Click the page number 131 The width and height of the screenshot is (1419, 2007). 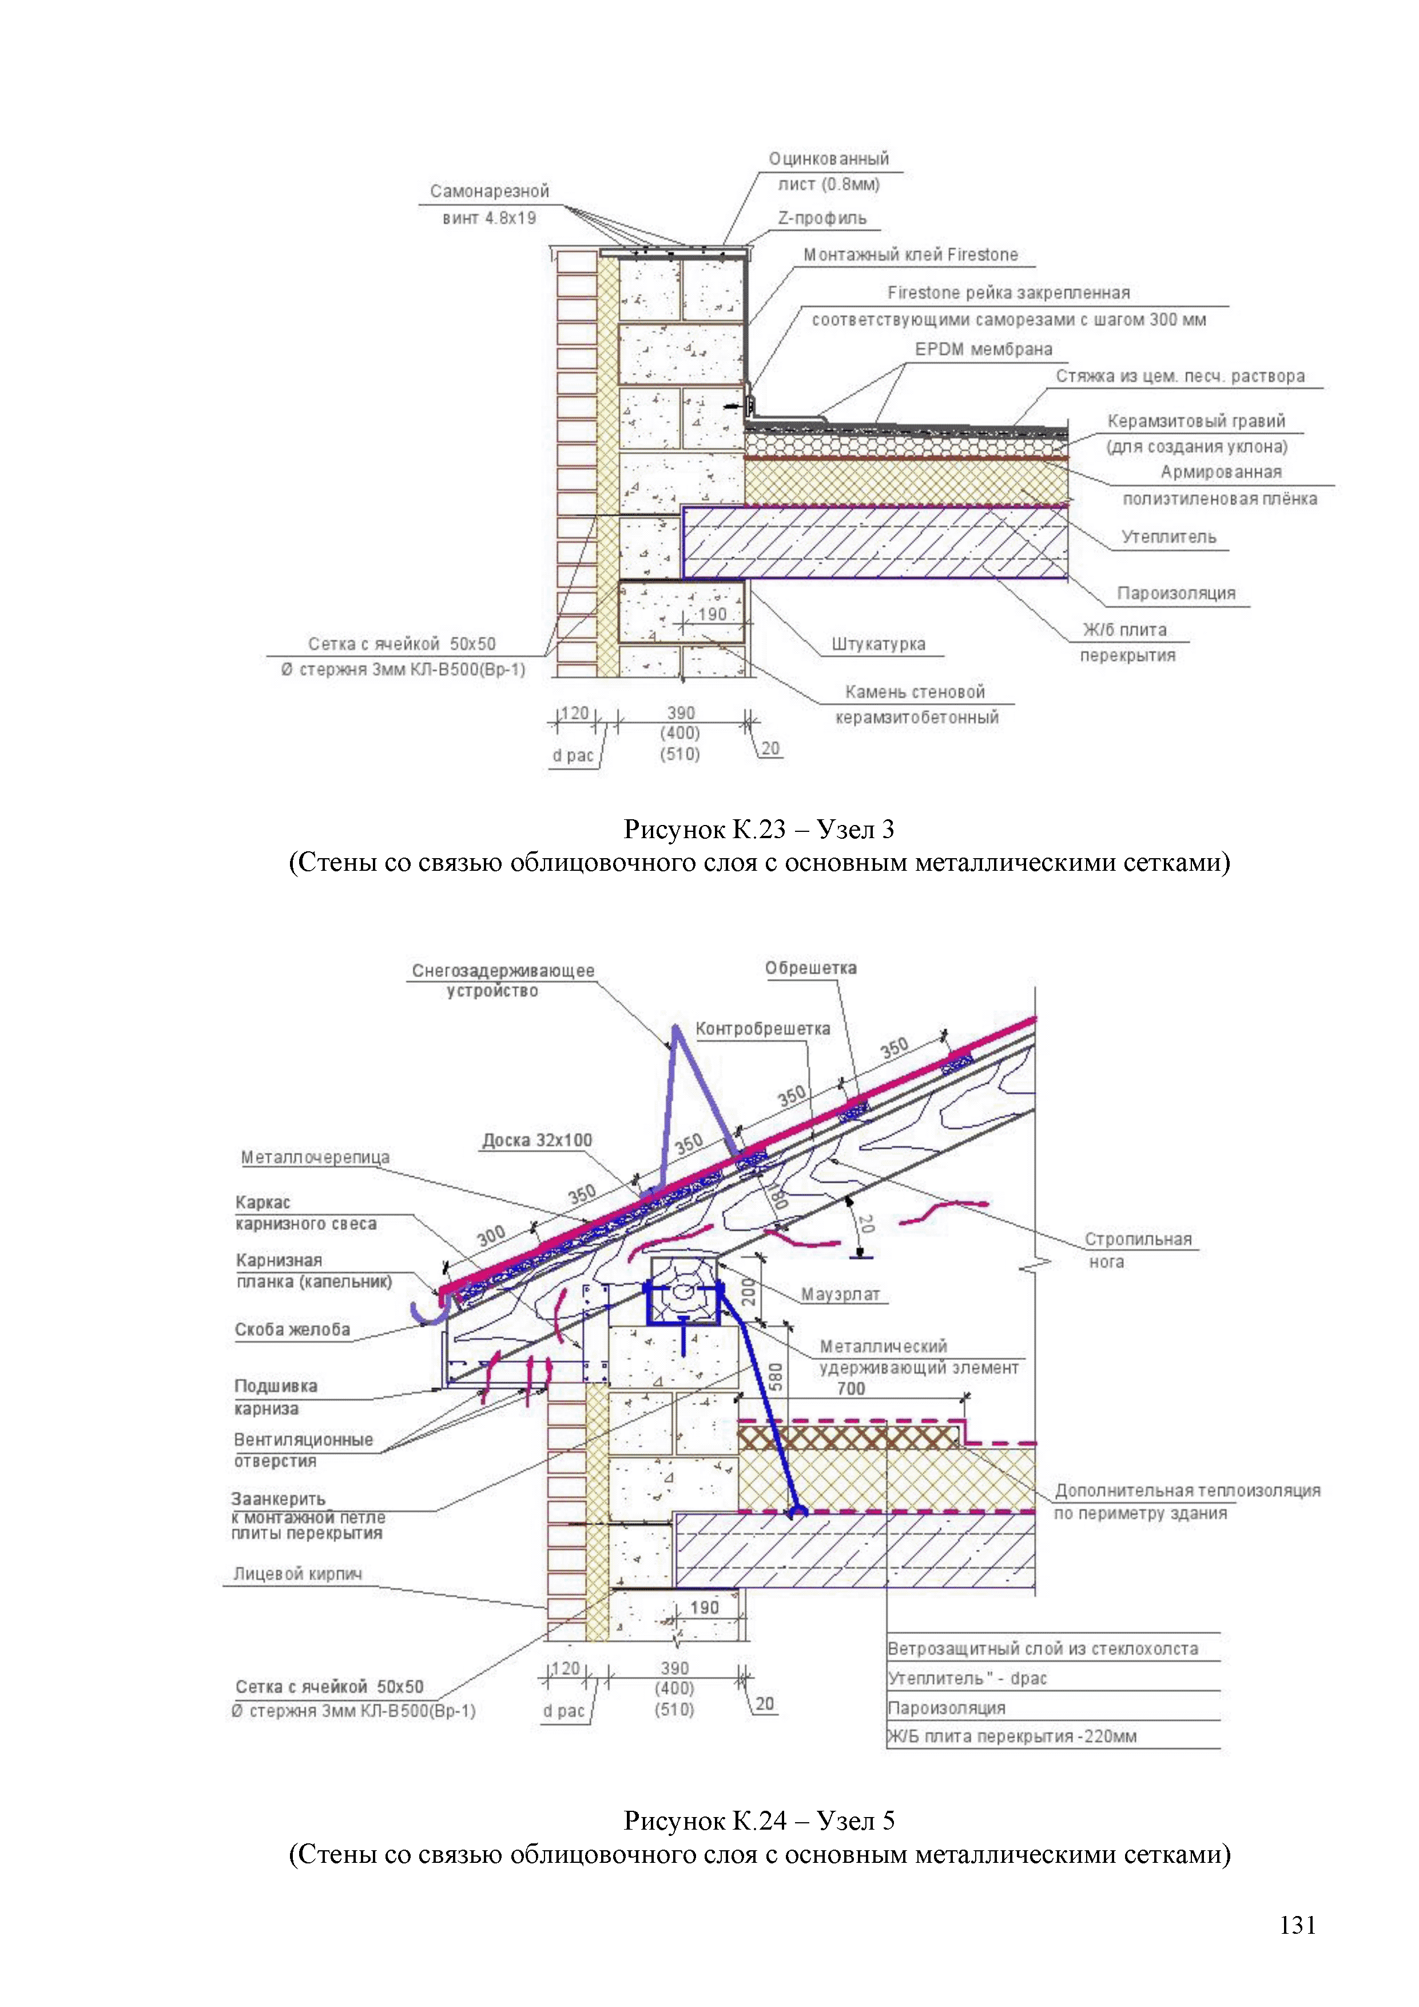point(1298,1925)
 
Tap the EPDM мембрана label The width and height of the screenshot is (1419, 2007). point(983,350)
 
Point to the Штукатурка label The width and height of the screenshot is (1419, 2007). point(878,644)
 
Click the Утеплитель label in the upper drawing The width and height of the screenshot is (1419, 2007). point(1168,537)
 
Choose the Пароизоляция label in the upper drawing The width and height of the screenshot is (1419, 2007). point(1176,593)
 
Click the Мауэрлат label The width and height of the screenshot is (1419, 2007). point(840,1295)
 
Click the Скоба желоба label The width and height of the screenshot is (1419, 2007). point(292,1330)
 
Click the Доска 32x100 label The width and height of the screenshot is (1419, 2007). point(536,1140)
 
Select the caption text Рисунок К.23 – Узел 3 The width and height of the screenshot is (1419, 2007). point(758,828)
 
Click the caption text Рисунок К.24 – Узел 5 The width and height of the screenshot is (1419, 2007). point(758,1821)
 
